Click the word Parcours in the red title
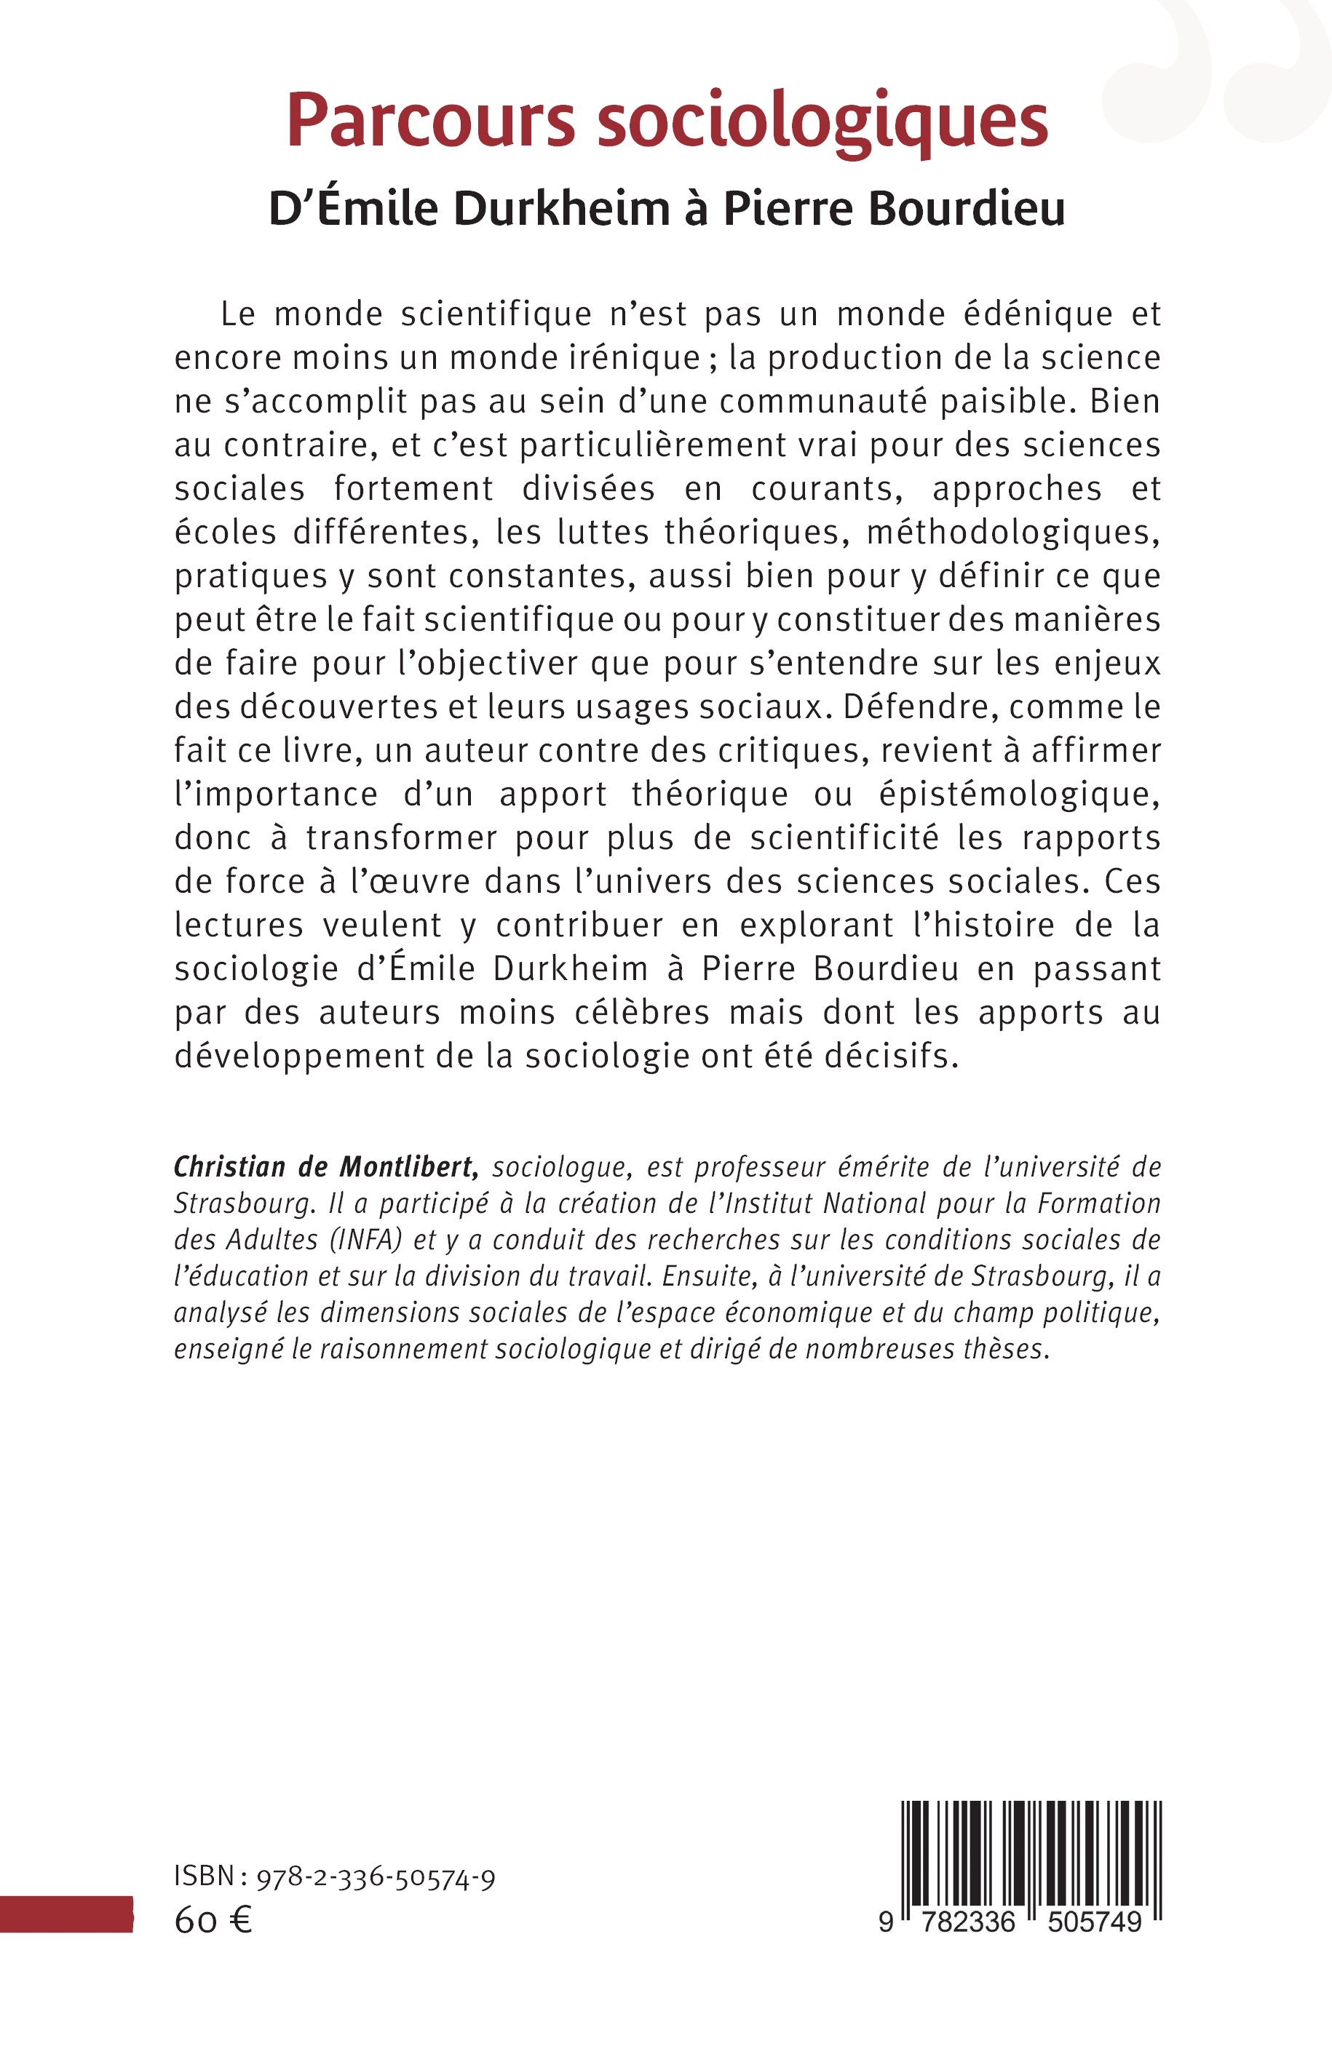tap(430, 121)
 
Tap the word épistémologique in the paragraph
tap(1019, 795)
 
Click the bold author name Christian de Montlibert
tap(325, 1167)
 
